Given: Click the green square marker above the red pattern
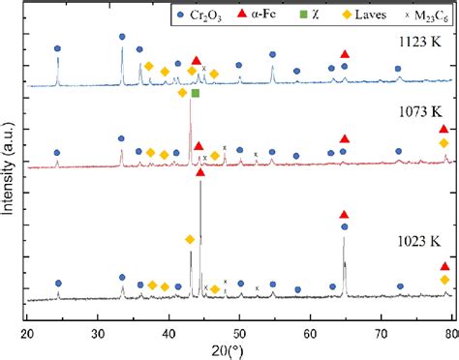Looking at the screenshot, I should pyautogui.click(x=195, y=94).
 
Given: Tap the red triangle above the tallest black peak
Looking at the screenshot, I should pyautogui.click(x=200, y=172).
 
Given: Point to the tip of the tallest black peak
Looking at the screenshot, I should pyautogui.click(x=200, y=183).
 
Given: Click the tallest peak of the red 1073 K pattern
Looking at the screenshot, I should pyautogui.click(x=190, y=101).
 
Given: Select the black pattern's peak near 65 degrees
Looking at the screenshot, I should pyautogui.click(x=344, y=239).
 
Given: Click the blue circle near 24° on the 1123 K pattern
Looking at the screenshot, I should pyautogui.click(x=57, y=48).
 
